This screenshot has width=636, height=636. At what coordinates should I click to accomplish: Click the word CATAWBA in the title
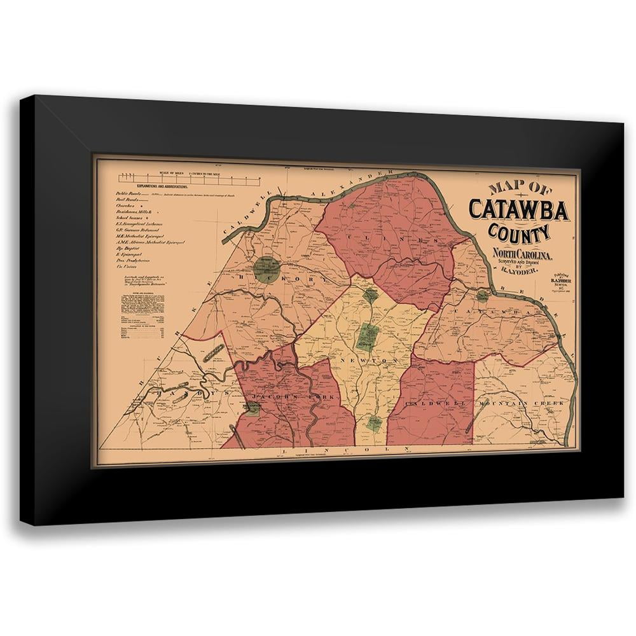tap(518, 210)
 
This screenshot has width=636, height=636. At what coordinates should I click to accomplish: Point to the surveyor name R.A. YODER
tap(522, 272)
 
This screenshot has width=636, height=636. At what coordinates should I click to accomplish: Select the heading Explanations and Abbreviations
tap(155, 186)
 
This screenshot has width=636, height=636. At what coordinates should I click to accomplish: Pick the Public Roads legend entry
tap(127, 194)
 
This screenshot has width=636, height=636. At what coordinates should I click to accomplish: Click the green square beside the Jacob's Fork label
tap(253, 409)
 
